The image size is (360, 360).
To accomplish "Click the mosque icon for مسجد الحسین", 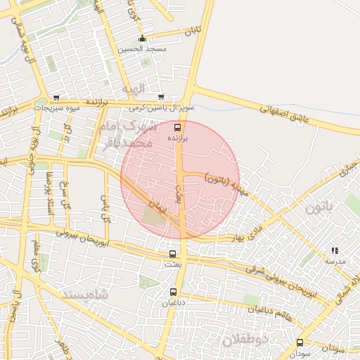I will click(143, 39).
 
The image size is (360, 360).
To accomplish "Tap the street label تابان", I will click(191, 32).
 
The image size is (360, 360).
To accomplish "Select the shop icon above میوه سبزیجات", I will click(56, 98).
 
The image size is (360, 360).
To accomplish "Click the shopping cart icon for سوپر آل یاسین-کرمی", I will click(161, 97).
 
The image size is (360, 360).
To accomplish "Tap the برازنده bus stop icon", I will click(177, 127).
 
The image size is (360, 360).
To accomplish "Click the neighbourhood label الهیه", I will click(132, 89).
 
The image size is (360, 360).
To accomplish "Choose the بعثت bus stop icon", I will click(172, 254).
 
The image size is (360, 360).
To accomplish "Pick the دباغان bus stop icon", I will click(173, 292).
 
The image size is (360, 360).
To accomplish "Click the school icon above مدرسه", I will click(335, 250).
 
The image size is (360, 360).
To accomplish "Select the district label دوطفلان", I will click(246, 340).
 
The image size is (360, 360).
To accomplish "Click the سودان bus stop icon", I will click(300, 343).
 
